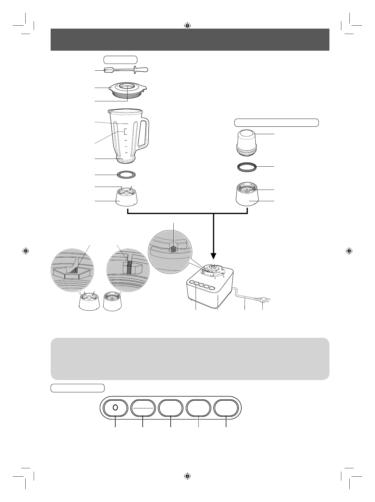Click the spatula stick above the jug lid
pyautogui.click(x=125, y=70)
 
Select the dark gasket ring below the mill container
pyautogui.click(x=247, y=167)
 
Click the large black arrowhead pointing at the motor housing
pyautogui.click(x=214, y=255)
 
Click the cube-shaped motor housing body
pyautogui.click(x=208, y=295)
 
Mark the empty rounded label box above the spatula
pyautogui.click(x=120, y=60)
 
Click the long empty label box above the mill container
pyautogui.click(x=276, y=123)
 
